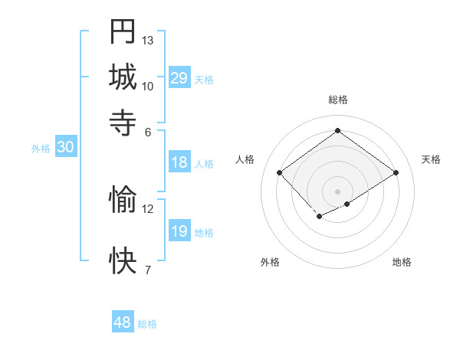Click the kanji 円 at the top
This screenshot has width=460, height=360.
click(123, 31)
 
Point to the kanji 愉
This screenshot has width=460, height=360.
click(123, 200)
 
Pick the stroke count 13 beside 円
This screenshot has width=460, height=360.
click(148, 40)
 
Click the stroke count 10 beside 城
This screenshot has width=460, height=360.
click(148, 86)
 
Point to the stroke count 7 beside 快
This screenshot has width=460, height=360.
click(148, 270)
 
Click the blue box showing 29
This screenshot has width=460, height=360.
click(179, 78)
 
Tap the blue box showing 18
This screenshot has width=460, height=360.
click(179, 162)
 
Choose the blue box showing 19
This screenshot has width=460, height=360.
click(179, 231)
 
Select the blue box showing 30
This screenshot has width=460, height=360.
click(65, 149)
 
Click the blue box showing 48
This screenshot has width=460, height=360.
click(123, 322)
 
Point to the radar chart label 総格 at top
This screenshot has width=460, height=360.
click(338, 100)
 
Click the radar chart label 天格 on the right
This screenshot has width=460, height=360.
click(432, 159)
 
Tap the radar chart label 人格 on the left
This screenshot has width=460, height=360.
click(245, 159)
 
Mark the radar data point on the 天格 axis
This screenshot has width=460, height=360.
click(396, 173)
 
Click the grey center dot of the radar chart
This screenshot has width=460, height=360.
click(338, 191)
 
